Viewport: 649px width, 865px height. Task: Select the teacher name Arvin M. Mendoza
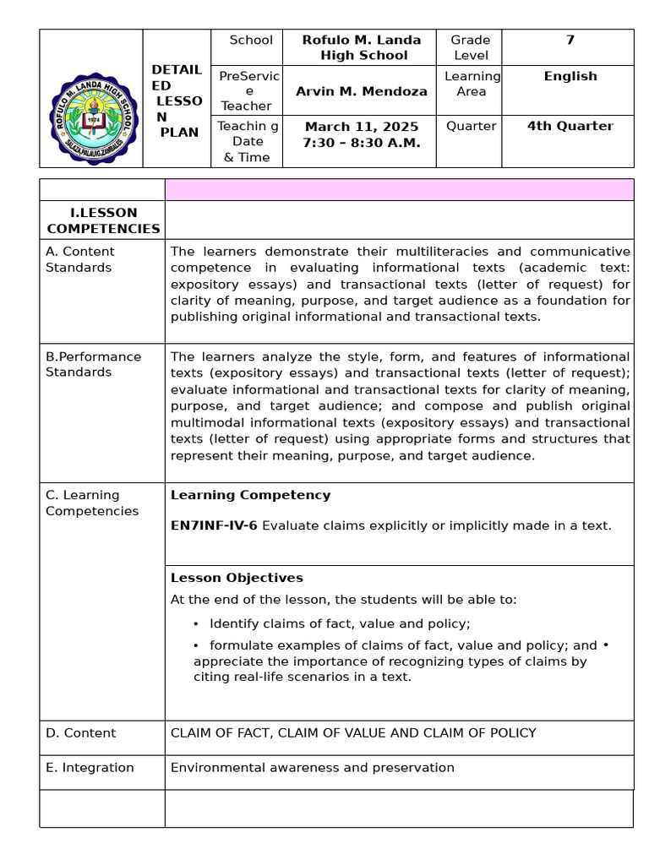click(x=361, y=91)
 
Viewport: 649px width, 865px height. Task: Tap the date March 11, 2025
click(x=361, y=127)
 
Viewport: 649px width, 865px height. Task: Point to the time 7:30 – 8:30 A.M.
click(x=361, y=143)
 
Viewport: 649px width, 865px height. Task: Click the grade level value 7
click(x=570, y=40)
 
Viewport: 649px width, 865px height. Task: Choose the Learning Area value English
click(x=570, y=76)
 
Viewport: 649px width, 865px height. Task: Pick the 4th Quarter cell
click(x=570, y=126)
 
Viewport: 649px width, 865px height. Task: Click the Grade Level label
click(x=470, y=47)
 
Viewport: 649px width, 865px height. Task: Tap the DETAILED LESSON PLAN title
click(x=176, y=101)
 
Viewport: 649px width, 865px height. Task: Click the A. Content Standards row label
click(x=79, y=259)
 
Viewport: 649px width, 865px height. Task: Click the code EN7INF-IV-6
click(x=214, y=525)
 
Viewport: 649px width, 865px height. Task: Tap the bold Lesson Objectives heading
click(x=237, y=578)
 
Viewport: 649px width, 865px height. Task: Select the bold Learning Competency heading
click(x=250, y=495)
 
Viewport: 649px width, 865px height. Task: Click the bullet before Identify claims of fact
click(x=196, y=624)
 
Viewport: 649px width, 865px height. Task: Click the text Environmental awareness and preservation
click(x=312, y=768)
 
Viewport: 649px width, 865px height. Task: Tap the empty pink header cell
click(x=399, y=189)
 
